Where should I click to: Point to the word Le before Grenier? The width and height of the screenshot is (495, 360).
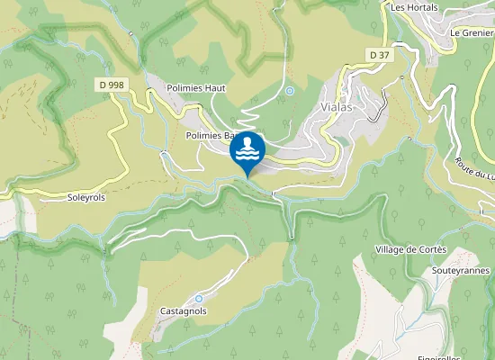[454, 32]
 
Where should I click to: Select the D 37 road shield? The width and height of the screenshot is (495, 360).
[379, 55]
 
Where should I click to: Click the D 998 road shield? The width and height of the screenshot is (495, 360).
[110, 85]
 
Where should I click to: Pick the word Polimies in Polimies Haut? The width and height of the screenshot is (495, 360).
[185, 88]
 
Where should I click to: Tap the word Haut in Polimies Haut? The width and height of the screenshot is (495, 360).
[214, 88]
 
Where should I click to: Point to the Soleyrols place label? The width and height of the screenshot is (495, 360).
[86, 196]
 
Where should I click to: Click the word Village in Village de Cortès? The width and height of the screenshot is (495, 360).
[392, 248]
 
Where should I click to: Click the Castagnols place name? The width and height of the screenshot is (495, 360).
[184, 310]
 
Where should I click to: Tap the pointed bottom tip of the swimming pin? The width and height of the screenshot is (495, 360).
[247, 175]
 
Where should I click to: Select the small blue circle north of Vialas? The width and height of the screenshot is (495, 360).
[290, 91]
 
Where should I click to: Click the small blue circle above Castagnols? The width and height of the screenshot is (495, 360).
[198, 298]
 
